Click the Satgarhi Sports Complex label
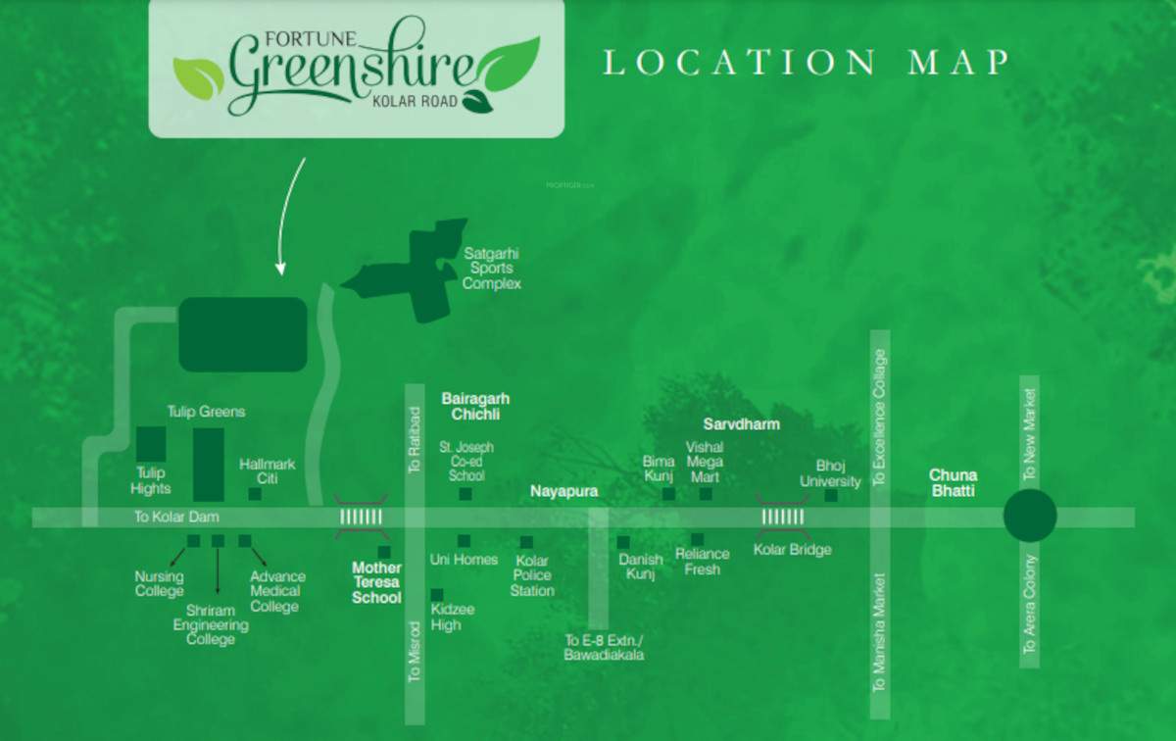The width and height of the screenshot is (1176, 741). click(x=491, y=268)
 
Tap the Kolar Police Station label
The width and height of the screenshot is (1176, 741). click(x=532, y=575)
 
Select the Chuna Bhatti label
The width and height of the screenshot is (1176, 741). click(x=954, y=483)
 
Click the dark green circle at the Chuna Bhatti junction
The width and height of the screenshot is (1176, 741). click(x=1030, y=516)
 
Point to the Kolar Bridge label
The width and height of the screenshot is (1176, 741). click(x=792, y=550)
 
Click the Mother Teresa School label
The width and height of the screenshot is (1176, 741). click(x=377, y=582)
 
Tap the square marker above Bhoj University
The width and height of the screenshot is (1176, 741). click(x=831, y=496)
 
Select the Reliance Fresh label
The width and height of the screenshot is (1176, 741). click(x=702, y=562)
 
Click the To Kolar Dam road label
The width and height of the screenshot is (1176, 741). click(x=177, y=517)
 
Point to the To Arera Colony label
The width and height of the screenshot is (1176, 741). click(x=1029, y=604)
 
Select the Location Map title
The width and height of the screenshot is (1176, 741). click(x=805, y=63)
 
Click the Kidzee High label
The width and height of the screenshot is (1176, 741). click(x=452, y=617)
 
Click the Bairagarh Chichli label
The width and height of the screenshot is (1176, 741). click(x=475, y=407)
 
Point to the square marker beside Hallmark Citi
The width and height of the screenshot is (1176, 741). click(x=255, y=494)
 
